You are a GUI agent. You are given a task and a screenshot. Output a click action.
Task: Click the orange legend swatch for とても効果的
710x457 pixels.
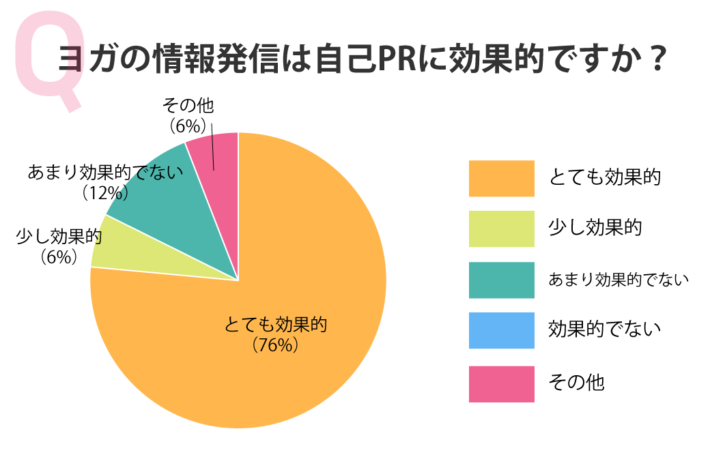(501, 178)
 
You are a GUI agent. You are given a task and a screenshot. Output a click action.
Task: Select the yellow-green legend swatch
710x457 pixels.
(501, 228)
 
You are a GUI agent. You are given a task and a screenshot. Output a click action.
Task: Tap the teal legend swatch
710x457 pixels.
(501, 280)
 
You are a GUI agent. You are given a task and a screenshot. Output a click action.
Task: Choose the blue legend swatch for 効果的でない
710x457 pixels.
(501, 330)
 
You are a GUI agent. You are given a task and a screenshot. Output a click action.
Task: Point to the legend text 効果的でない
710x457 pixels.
(605, 330)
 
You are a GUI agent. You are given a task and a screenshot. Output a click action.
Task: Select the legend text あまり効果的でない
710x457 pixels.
(619, 280)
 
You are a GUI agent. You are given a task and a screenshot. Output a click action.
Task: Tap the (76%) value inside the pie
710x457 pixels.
(276, 344)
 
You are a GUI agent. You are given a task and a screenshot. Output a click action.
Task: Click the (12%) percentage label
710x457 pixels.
(106, 193)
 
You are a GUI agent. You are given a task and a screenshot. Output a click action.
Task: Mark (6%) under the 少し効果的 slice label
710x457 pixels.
(58, 257)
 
